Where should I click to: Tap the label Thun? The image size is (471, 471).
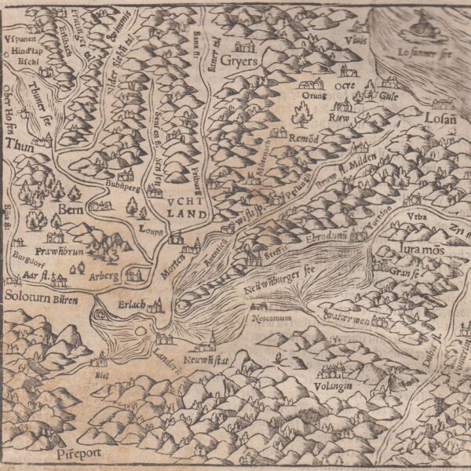[15, 145]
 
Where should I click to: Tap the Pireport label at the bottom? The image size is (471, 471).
[73, 454]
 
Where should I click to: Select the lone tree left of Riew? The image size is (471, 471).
[301, 116]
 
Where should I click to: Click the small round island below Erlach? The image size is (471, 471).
[141, 333]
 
